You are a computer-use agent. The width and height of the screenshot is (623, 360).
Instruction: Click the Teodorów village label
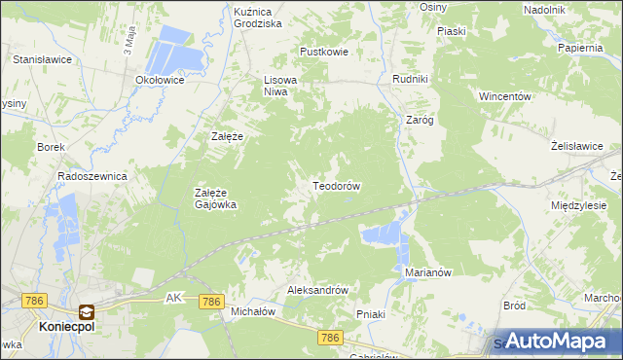point(337,185)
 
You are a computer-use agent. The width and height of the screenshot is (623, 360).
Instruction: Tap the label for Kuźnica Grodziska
point(258,17)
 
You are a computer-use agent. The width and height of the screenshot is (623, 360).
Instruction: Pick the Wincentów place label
point(504,97)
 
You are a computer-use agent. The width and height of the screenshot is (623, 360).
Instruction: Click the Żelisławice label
point(577,146)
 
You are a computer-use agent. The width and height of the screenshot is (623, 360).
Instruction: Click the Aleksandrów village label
point(317,290)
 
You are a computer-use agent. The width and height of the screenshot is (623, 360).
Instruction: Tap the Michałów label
point(254,311)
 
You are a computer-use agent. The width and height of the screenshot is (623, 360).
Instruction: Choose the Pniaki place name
point(372,314)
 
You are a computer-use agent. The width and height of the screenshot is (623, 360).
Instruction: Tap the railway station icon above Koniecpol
point(87,312)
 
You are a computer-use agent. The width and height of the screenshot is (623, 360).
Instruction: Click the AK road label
point(174,297)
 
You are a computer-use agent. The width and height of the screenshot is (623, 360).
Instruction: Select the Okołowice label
point(161,80)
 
